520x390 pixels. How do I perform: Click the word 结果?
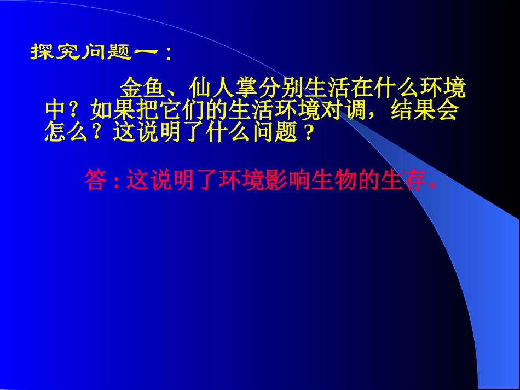412,110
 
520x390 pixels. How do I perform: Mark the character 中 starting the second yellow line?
55,110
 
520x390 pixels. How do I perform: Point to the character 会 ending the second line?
447,110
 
